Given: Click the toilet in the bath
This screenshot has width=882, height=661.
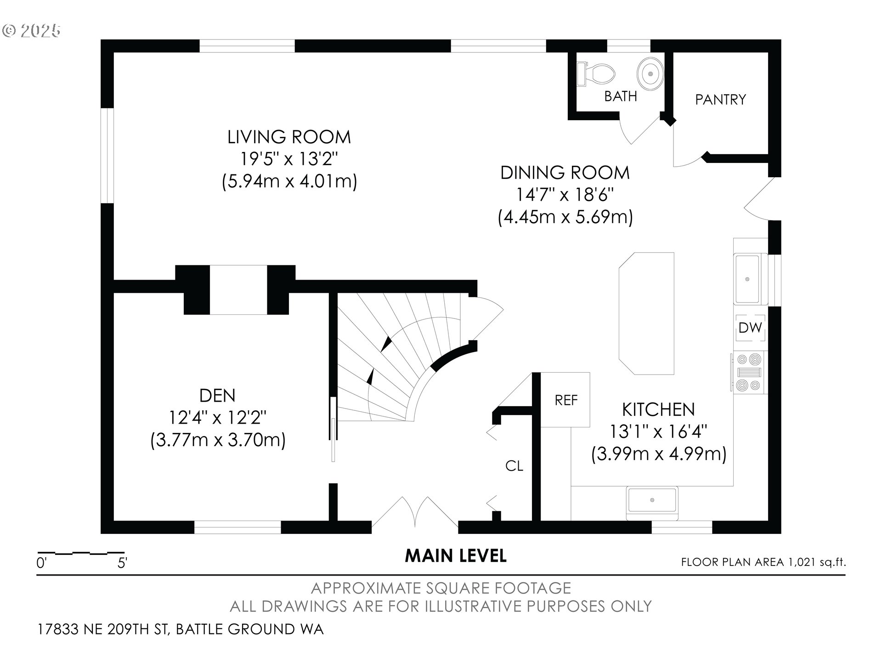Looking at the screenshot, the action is click(596, 74).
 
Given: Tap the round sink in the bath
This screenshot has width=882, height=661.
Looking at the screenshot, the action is click(650, 74).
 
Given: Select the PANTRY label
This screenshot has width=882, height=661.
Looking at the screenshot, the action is click(720, 100).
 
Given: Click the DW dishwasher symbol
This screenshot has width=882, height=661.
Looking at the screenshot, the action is click(750, 328).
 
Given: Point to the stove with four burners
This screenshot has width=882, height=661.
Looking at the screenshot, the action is click(748, 372).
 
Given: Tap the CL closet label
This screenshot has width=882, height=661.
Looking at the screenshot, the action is click(514, 466).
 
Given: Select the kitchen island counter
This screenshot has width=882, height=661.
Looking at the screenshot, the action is click(646, 314).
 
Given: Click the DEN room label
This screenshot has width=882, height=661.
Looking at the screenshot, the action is click(217, 395).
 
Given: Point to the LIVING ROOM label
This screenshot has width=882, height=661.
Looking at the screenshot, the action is click(289, 137).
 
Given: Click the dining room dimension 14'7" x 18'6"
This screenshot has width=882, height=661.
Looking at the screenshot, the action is click(565, 195).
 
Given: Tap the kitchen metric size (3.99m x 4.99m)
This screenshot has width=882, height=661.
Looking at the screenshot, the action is click(658, 454).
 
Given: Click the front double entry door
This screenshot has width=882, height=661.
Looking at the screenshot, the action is click(415, 512).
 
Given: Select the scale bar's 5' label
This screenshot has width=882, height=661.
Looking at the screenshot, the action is click(122, 563).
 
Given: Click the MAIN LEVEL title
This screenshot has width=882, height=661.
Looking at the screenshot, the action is click(456, 556).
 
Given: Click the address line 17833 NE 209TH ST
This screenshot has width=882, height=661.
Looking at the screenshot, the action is click(104, 629).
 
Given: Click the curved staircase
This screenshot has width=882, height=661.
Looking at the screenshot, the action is click(404, 358).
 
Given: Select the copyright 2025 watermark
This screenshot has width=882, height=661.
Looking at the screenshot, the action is click(31, 31).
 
